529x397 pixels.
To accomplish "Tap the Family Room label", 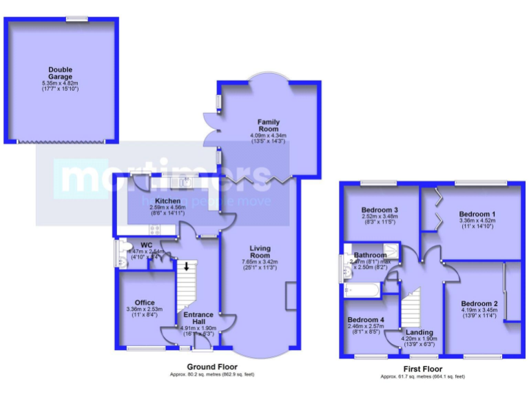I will click(x=269, y=125).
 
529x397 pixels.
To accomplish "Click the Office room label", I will click(x=145, y=303).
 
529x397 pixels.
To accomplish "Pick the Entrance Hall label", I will click(x=198, y=318).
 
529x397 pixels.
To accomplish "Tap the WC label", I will click(x=146, y=245).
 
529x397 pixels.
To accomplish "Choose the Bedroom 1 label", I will click(x=477, y=214).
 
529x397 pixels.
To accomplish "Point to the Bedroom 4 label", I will click(x=365, y=320).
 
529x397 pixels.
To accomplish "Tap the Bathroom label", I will click(x=369, y=254).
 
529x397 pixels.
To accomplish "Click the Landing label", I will click(x=420, y=332).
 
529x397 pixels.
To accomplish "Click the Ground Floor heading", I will click(x=212, y=366).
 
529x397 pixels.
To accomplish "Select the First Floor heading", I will click(x=422, y=369).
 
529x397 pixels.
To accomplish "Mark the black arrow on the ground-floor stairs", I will click(x=185, y=265).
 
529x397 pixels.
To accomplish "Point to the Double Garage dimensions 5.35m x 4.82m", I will click(x=61, y=83).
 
